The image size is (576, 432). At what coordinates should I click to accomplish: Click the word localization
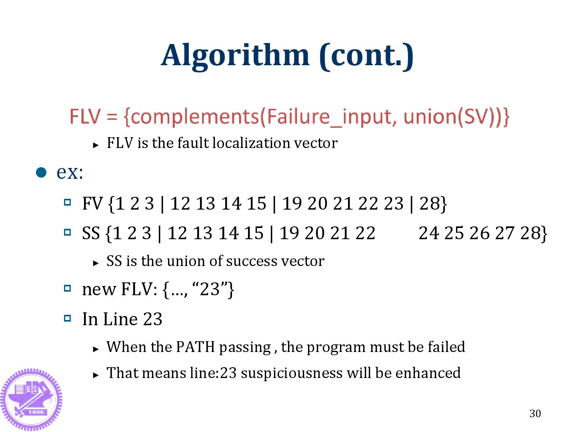[252, 143]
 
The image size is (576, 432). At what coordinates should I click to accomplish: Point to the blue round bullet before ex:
[41, 172]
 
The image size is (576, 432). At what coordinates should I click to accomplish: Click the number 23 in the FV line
[394, 203]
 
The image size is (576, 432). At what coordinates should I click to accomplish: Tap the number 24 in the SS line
[429, 233]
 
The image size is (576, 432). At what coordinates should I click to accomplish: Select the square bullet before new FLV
[68, 288]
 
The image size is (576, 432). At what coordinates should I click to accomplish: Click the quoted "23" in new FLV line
[210, 289]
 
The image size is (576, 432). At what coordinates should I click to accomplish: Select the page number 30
[535, 414]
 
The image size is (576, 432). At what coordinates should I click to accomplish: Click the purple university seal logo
[31, 399]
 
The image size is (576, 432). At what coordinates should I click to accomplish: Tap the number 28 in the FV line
[430, 203]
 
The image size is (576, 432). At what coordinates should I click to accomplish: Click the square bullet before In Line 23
[68, 318]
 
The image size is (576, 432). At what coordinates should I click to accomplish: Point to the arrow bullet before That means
[96, 375]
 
